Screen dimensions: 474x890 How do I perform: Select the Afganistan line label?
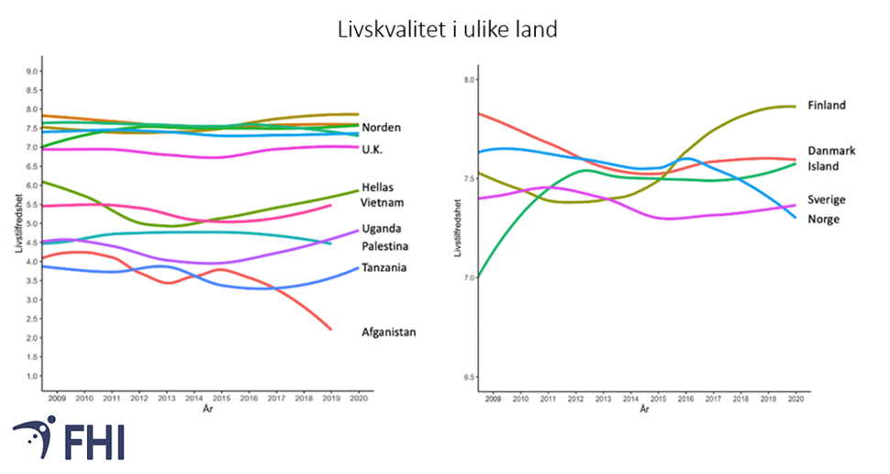pos(389,333)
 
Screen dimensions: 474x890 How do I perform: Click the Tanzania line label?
pos(385,268)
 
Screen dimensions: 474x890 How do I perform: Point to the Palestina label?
pos(386,246)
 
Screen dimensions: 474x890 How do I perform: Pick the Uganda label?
pos(383,229)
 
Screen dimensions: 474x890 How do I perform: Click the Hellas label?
pos(380,186)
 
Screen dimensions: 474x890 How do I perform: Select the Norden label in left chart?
pos(381,128)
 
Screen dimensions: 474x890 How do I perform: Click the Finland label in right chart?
pos(826,106)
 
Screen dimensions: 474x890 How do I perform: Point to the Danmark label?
pos(831,151)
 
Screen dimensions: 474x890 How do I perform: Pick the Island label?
pos(823,166)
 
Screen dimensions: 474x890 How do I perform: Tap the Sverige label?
pos(826,199)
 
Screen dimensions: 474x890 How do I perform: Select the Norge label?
pos(823,219)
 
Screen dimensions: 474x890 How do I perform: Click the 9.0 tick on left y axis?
pos(32,71)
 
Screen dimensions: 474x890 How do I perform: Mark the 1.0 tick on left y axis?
pos(32,377)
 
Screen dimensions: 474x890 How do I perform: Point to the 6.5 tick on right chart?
pos(469,378)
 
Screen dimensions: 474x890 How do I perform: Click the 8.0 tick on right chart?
pos(469,80)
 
